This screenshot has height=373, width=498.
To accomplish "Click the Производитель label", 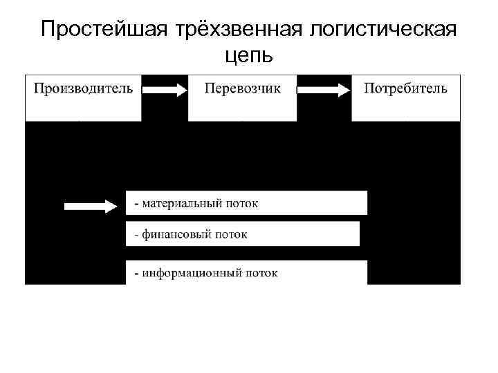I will coord(84,88).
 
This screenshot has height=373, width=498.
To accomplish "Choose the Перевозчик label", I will coord(243,88).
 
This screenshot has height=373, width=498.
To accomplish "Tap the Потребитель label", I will coord(405,88).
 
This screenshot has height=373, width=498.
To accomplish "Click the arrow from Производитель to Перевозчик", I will coord(165,89).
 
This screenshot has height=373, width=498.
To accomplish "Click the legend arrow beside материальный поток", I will coord(91,205).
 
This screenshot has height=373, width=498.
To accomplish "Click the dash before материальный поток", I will coord(136,204).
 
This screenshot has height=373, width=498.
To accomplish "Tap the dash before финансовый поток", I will coord(136,235).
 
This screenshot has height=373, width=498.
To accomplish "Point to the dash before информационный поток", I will coord(136,273).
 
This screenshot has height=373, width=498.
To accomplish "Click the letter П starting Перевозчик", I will coord(209,88).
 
